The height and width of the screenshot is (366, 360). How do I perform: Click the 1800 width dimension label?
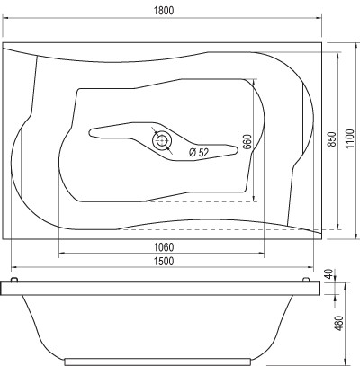tap(164, 11)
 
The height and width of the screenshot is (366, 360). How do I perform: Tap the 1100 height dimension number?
tap(349, 138)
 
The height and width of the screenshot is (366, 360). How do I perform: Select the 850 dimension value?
tap(331, 139)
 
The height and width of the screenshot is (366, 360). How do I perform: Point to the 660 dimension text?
tap(247, 141)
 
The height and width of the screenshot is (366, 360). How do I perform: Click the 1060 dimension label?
tap(164, 247)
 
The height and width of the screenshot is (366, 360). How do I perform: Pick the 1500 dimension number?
tap(164, 261)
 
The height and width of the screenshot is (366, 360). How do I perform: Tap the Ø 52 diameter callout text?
tap(199, 153)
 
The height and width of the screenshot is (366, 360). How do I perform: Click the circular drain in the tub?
tap(162, 140)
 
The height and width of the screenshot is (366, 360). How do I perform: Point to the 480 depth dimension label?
tap(338, 323)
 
